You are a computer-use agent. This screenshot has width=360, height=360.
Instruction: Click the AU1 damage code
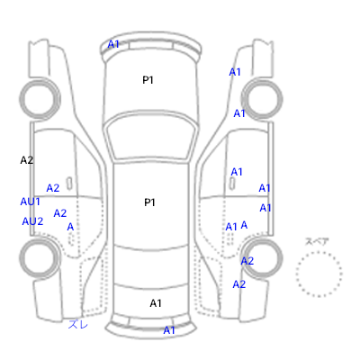click(x=30, y=202)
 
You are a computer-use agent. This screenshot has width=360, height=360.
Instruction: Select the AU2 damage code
click(x=32, y=221)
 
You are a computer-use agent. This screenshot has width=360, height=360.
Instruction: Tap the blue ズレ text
click(x=78, y=324)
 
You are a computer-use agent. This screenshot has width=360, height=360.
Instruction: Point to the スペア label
click(x=317, y=241)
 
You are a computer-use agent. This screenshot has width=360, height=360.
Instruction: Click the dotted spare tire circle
click(x=319, y=252)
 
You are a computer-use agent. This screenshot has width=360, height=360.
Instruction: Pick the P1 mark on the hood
click(x=148, y=80)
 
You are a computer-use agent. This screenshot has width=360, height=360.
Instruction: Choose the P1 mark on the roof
click(x=149, y=202)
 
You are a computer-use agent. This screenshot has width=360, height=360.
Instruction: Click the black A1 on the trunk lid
click(x=156, y=303)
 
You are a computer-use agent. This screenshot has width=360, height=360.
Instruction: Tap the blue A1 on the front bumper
click(x=113, y=44)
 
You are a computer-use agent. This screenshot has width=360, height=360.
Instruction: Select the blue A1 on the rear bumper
click(x=169, y=330)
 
